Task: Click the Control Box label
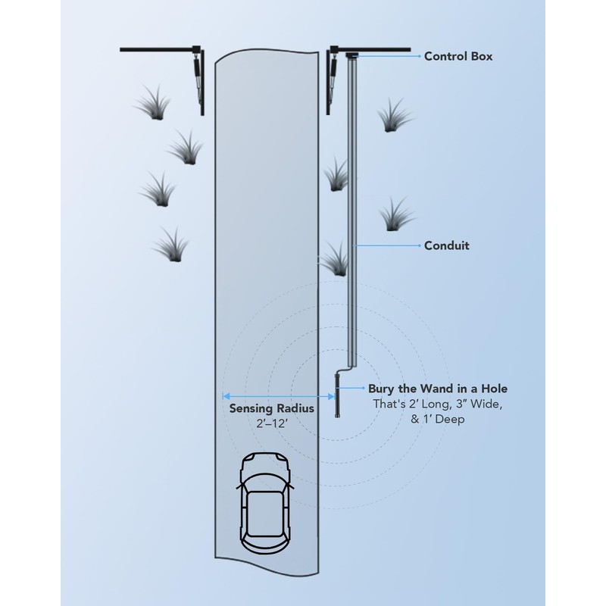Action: [458, 56]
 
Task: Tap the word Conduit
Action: [447, 245]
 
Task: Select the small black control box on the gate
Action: [351, 55]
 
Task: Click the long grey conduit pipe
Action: [351, 212]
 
